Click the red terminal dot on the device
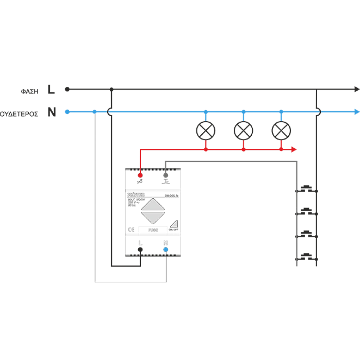click(x=140, y=176)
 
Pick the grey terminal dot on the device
click(x=166, y=176)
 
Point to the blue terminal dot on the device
click(x=166, y=249)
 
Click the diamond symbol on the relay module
click(x=153, y=210)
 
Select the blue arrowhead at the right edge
click(x=356, y=112)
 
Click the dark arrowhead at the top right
click(x=355, y=89)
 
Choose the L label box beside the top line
click(x=52, y=89)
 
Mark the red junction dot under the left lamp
click(x=206, y=149)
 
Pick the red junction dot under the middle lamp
click(x=243, y=149)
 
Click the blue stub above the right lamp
click(x=280, y=117)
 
